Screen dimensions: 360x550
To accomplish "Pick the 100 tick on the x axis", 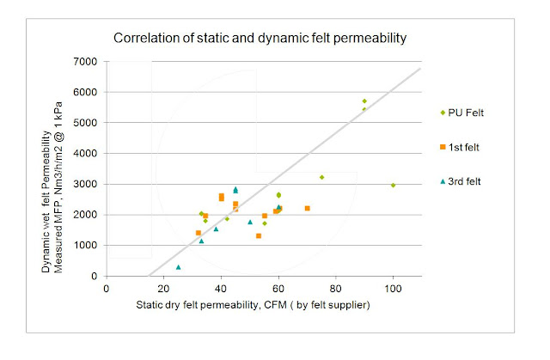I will pyautogui.click(x=393, y=289).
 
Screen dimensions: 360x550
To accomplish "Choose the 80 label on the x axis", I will pyautogui.click(x=335, y=289).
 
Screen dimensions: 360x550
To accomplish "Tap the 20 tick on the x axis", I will pyautogui.click(x=163, y=289).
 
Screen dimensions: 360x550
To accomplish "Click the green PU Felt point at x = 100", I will pyautogui.click(x=393, y=185).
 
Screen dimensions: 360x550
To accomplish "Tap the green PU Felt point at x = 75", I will pyautogui.click(x=321, y=177).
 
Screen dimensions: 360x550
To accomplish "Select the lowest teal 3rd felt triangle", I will pyautogui.click(x=178, y=267).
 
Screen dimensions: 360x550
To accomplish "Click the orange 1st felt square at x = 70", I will pyautogui.click(x=307, y=208).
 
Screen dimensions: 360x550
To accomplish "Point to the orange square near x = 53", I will pyautogui.click(x=258, y=235).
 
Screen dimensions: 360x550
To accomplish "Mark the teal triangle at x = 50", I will pyautogui.click(x=250, y=222).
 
